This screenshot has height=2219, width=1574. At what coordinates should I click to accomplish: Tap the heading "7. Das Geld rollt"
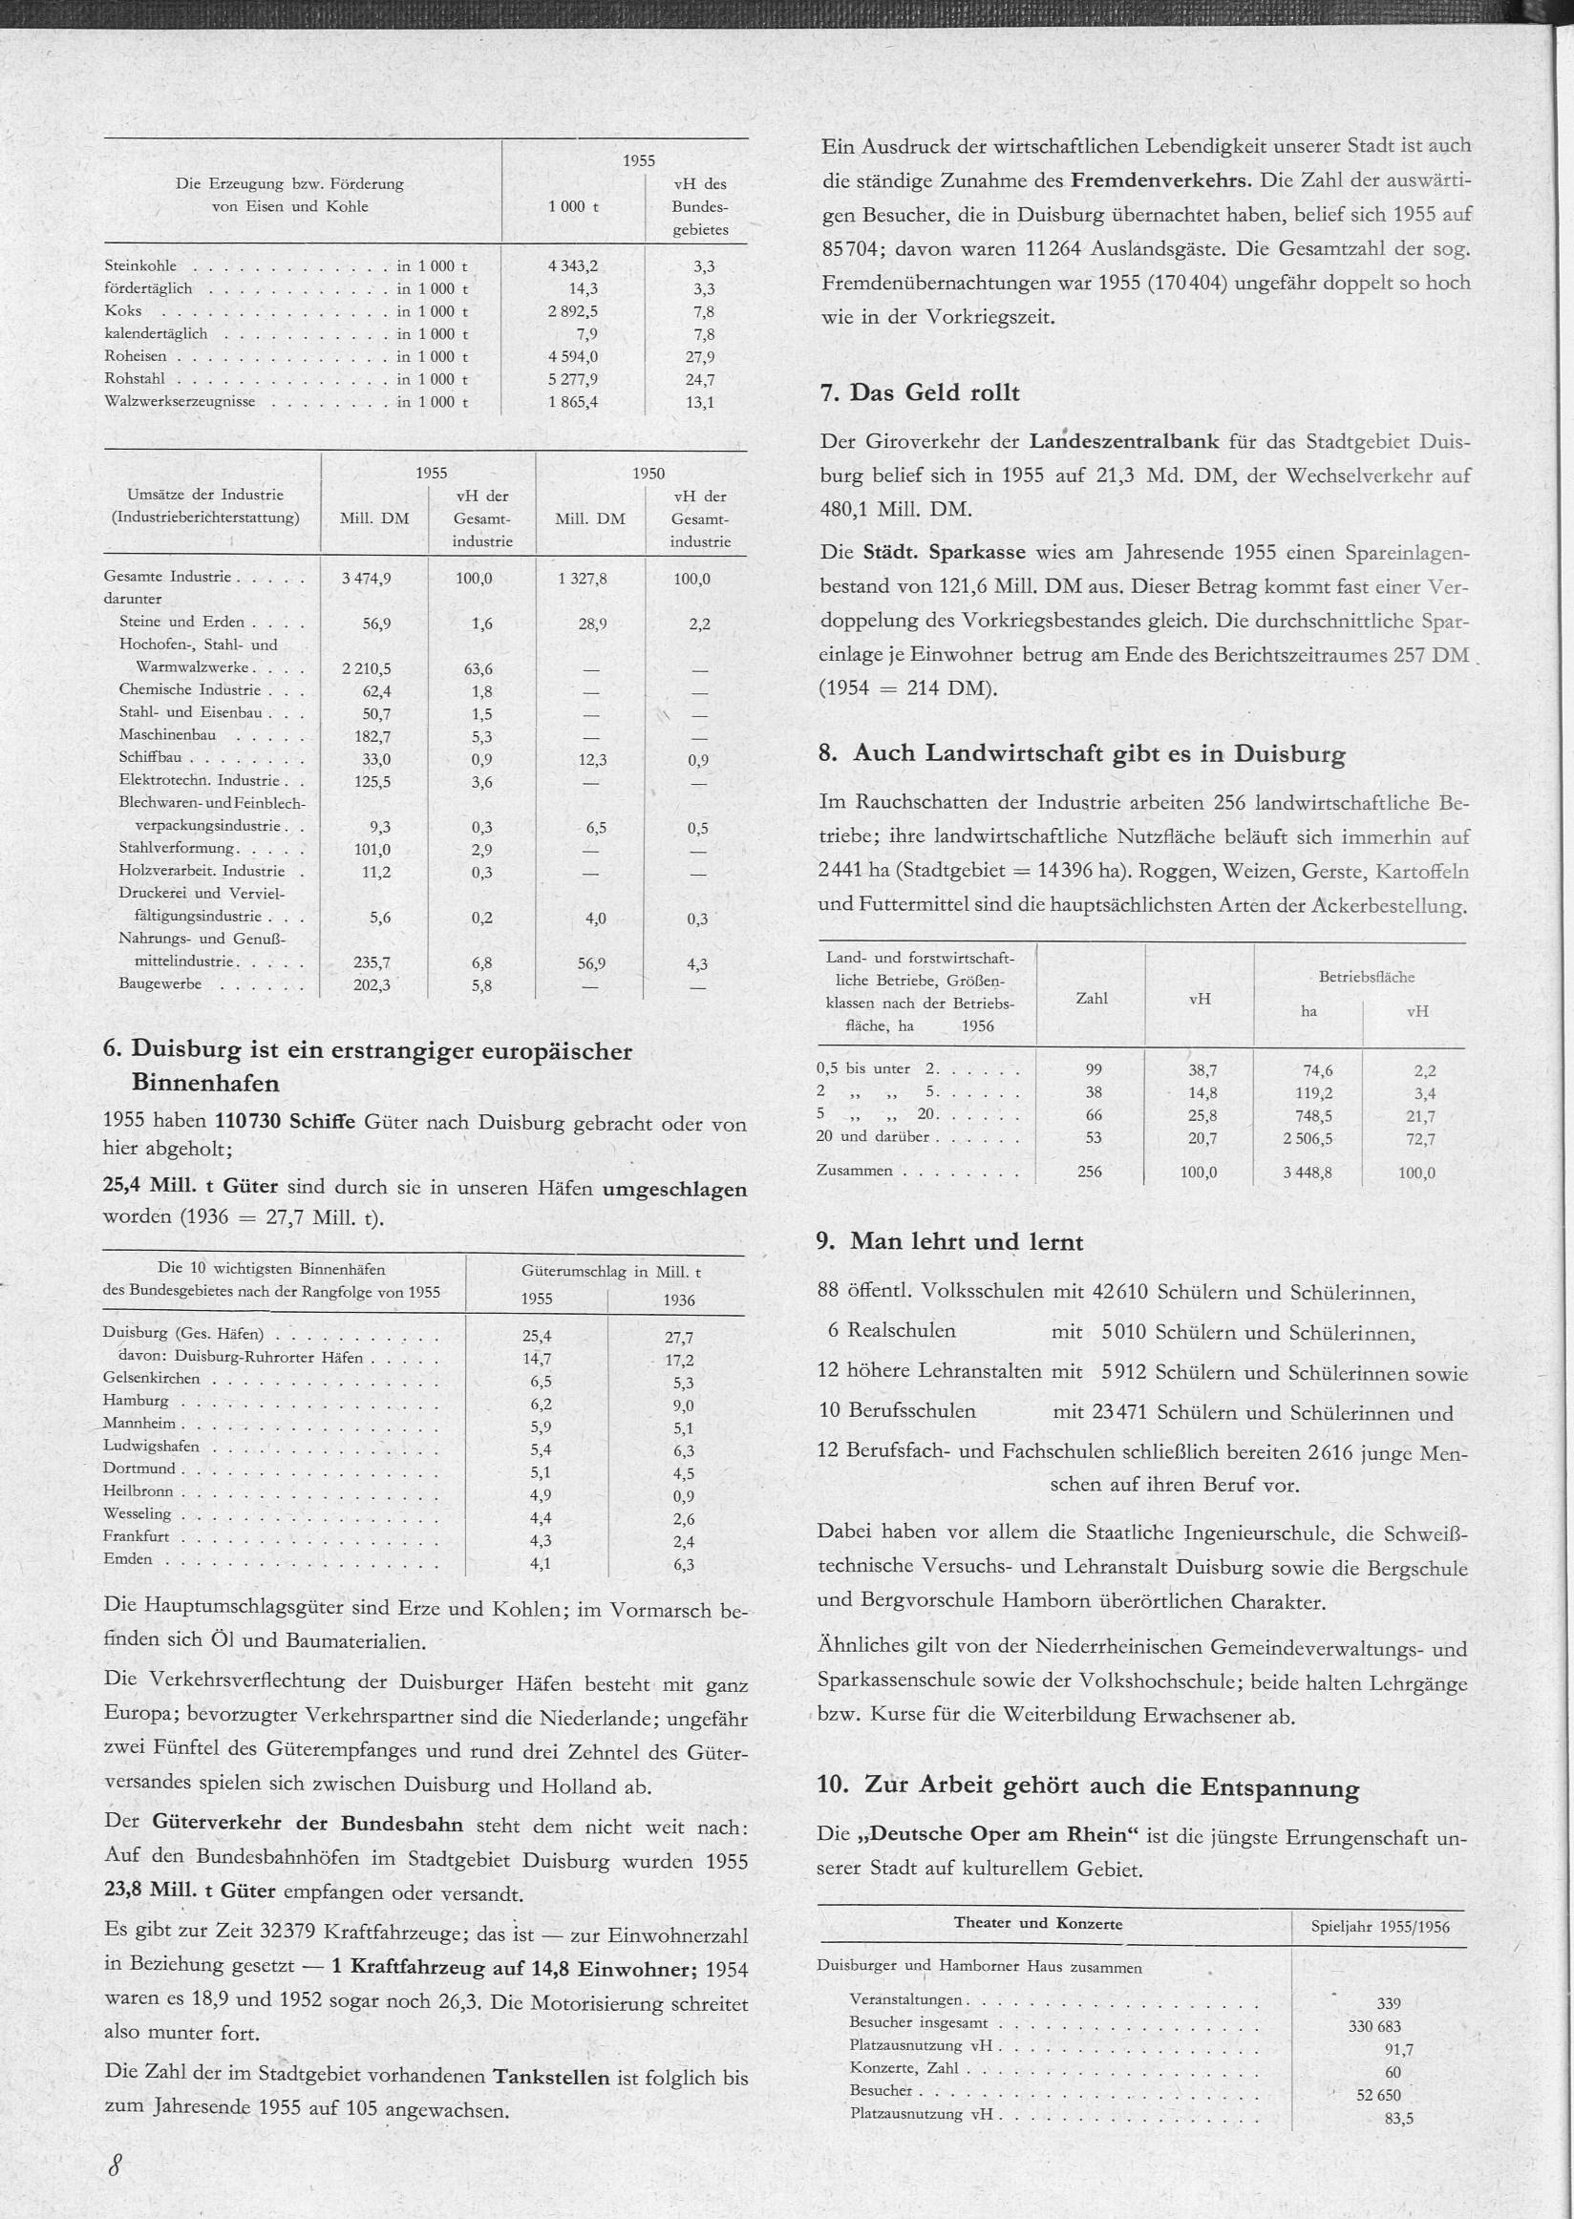tap(920, 392)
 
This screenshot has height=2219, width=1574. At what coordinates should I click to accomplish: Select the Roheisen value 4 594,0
tap(573, 356)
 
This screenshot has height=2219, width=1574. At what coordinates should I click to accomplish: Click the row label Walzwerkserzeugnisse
tap(180, 401)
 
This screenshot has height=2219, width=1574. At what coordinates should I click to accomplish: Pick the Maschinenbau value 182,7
tap(372, 736)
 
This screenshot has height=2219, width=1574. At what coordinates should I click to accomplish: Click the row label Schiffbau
tap(150, 758)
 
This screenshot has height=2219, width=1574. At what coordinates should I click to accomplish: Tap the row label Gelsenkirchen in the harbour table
tap(151, 1378)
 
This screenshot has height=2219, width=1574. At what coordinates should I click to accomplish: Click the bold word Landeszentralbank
tap(1123, 442)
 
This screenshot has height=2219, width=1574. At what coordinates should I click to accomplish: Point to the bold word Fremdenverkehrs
tap(1161, 180)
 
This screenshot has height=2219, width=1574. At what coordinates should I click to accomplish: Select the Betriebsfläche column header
tap(1364, 977)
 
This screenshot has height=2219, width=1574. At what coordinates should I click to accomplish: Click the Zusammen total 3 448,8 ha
tap(1308, 1173)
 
